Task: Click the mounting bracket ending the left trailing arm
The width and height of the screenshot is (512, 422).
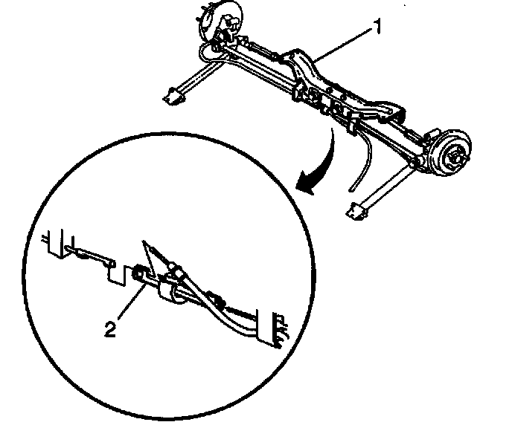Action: (173, 95)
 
